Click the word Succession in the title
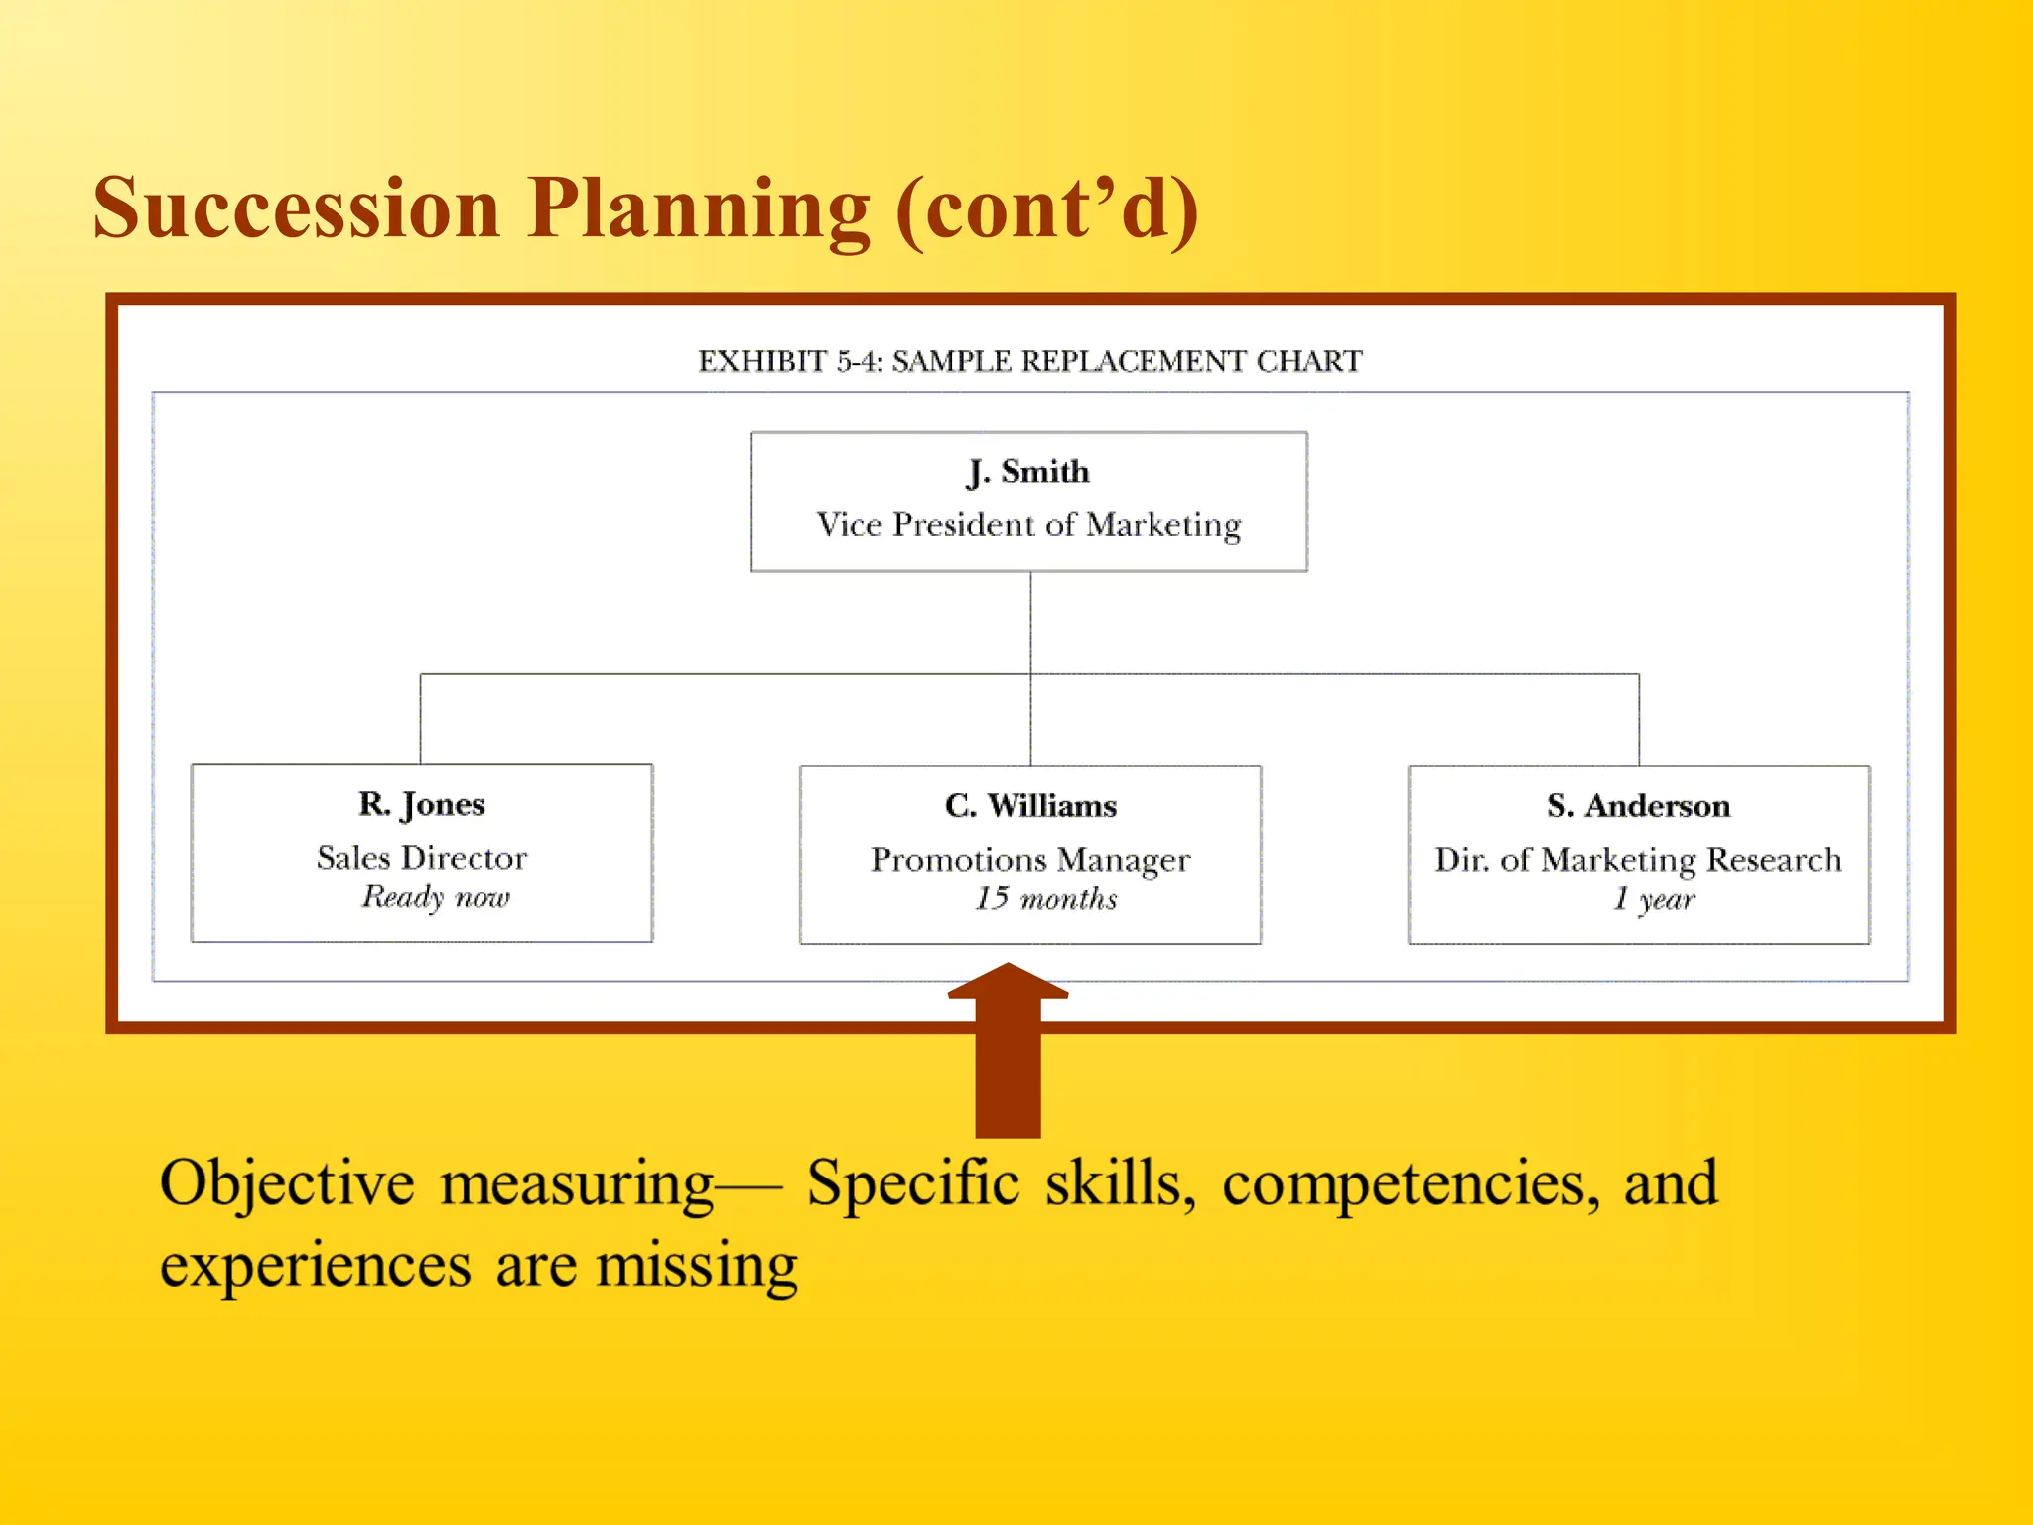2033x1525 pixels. pyautogui.click(x=297, y=208)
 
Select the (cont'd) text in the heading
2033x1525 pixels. pyautogui.click(x=1047, y=210)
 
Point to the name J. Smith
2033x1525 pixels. pyautogui.click(x=1028, y=471)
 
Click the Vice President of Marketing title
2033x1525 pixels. pyautogui.click(x=1028, y=524)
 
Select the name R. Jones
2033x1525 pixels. pyautogui.click(x=422, y=804)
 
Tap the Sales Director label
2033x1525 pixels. pyautogui.click(x=422, y=858)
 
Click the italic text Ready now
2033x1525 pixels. pyautogui.click(x=435, y=898)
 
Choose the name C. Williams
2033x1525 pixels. pyautogui.click(x=1030, y=806)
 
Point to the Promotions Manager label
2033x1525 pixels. pyautogui.click(x=1030, y=860)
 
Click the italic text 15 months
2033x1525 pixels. pyautogui.click(x=1045, y=900)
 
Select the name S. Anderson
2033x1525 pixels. pyautogui.click(x=1638, y=806)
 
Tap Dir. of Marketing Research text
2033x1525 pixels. pyautogui.click(x=1638, y=860)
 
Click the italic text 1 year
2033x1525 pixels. pyautogui.click(x=1653, y=900)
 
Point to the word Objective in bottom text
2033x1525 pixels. pyautogui.click(x=287, y=1183)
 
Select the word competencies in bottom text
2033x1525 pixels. pyautogui.click(x=1410, y=1183)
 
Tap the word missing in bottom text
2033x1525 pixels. pyautogui.click(x=697, y=1267)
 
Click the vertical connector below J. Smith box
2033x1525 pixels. pyautogui.click(x=1030, y=622)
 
